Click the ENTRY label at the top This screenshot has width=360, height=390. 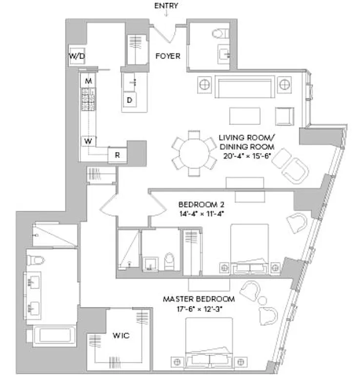[166, 6]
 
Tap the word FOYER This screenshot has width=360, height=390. [167, 56]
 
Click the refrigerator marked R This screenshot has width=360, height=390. [117, 155]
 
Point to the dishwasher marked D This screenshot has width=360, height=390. [130, 100]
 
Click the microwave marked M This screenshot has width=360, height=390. [88, 80]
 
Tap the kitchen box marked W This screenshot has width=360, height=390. [88, 141]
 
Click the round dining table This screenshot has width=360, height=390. [194, 156]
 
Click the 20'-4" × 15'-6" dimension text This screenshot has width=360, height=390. [246, 156]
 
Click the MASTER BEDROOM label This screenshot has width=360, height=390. [199, 298]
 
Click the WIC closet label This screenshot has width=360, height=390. [120, 336]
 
